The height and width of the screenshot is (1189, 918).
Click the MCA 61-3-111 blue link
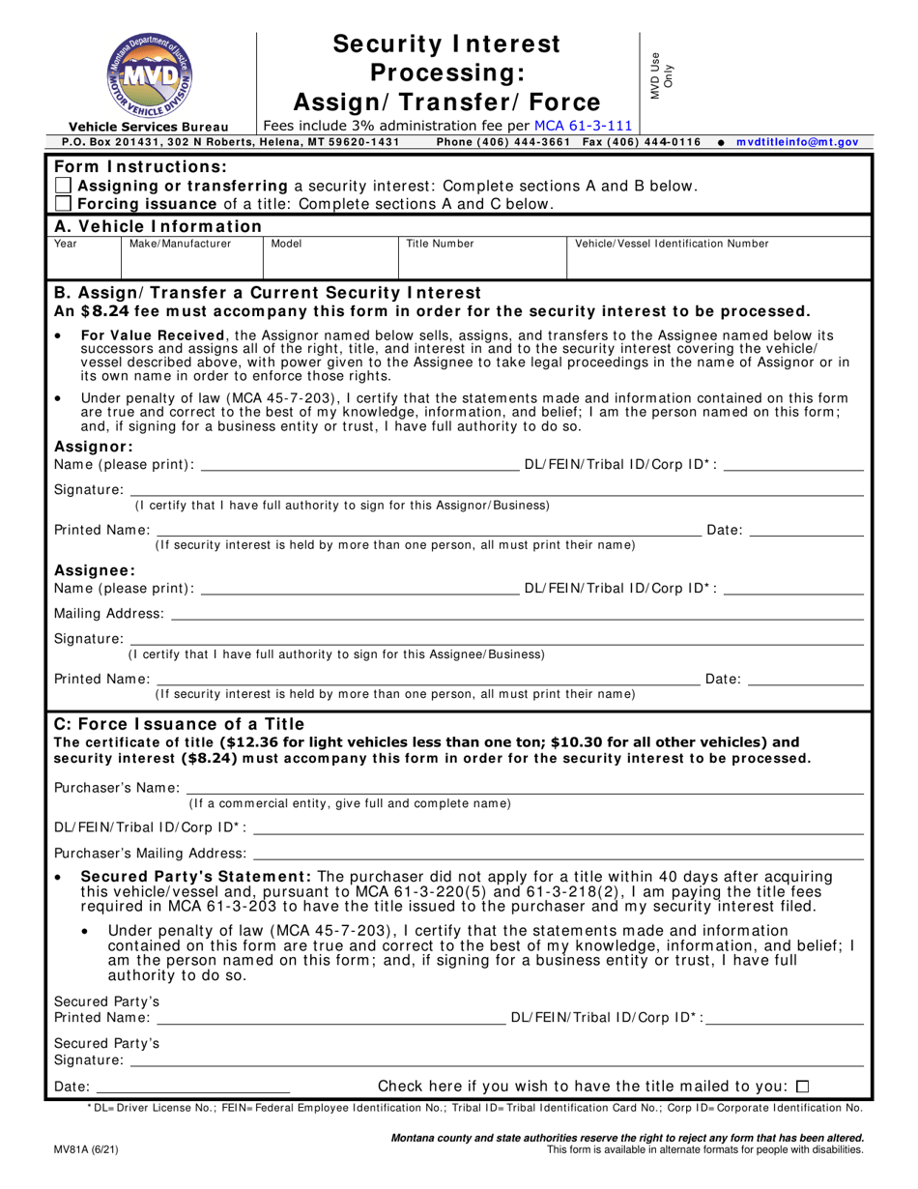coord(586,125)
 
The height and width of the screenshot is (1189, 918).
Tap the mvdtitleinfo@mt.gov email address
coord(797,142)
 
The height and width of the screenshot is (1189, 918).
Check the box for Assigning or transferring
coord(63,186)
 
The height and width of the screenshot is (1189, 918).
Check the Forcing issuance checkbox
coord(63,204)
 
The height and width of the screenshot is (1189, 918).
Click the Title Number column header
coord(440,245)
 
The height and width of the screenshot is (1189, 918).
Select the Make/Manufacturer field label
coord(181,245)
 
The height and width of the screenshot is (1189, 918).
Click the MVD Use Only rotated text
coord(662,75)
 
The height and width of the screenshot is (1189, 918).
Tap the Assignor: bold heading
coord(93,447)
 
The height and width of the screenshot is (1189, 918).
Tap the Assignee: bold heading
coord(95,570)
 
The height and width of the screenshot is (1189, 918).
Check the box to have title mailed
coord(802,1086)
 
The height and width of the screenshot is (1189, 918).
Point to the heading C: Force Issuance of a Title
coord(179,724)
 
